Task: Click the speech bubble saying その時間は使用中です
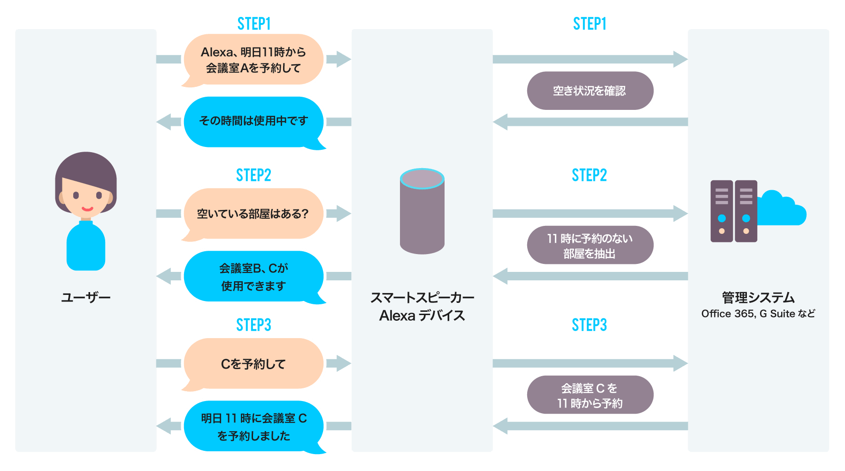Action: (x=253, y=121)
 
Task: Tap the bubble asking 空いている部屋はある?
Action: (x=253, y=214)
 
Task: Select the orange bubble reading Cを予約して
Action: (x=253, y=363)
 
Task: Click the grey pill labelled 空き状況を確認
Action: (x=590, y=91)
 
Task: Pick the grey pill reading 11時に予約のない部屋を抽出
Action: (x=590, y=246)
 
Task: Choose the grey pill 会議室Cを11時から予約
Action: (x=590, y=395)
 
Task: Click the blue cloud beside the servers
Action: (x=782, y=209)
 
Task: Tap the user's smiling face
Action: (x=86, y=195)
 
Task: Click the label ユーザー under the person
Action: (x=86, y=298)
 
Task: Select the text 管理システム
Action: (x=758, y=298)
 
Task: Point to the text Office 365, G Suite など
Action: (x=758, y=314)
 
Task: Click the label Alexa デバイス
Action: (x=422, y=316)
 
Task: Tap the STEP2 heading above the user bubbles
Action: (x=253, y=175)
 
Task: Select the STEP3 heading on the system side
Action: (x=590, y=325)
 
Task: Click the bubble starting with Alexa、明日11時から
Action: (x=253, y=60)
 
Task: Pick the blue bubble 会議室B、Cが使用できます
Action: (x=253, y=277)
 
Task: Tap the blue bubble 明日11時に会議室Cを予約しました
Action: (x=253, y=426)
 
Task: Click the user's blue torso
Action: (x=86, y=247)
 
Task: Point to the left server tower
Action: (x=722, y=211)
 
